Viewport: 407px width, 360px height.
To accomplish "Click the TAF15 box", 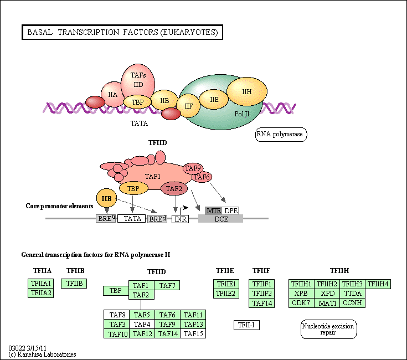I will pos(193,333).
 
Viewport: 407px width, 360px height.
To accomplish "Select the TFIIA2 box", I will pos(40,293).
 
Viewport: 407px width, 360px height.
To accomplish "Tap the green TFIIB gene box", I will pos(74,284).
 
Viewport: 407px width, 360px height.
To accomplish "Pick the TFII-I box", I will pos(246,325).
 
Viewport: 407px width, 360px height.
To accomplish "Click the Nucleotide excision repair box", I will pos(328,329).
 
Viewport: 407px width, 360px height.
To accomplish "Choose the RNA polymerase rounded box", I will pos(281,134).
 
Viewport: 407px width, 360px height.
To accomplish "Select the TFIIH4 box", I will pos(378,284).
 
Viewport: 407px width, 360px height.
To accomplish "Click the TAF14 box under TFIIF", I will pos(262,303).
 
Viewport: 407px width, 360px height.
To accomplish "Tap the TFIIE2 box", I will pos(226,294).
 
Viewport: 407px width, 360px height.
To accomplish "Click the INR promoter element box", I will pos(180,219).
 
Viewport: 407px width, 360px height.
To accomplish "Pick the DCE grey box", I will pos(220,219).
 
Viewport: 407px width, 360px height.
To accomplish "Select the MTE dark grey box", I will pos(213,210).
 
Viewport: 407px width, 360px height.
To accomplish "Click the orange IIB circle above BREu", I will pos(106,198).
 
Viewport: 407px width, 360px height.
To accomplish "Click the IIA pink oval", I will pos(112,95).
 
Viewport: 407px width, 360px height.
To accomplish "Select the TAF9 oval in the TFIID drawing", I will pos(193,168).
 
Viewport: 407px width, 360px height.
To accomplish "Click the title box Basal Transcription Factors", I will pos(122,33).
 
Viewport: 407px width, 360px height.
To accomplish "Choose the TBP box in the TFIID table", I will pos(115,290).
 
